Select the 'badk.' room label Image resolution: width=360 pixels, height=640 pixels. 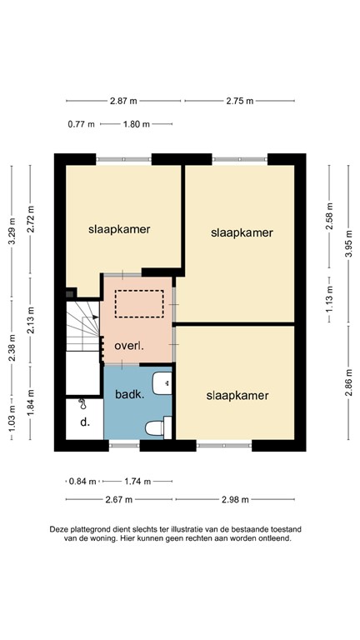(x=130, y=395)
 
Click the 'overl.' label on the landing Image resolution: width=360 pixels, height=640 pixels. (x=130, y=344)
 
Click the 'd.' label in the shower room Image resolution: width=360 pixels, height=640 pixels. (x=85, y=423)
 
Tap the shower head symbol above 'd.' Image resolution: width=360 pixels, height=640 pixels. (x=82, y=404)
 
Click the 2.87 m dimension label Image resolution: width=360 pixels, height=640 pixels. (x=122, y=102)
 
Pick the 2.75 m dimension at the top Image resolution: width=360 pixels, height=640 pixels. (x=238, y=102)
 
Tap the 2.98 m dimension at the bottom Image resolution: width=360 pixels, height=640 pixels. (x=236, y=500)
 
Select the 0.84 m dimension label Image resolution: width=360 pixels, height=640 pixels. (x=81, y=482)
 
